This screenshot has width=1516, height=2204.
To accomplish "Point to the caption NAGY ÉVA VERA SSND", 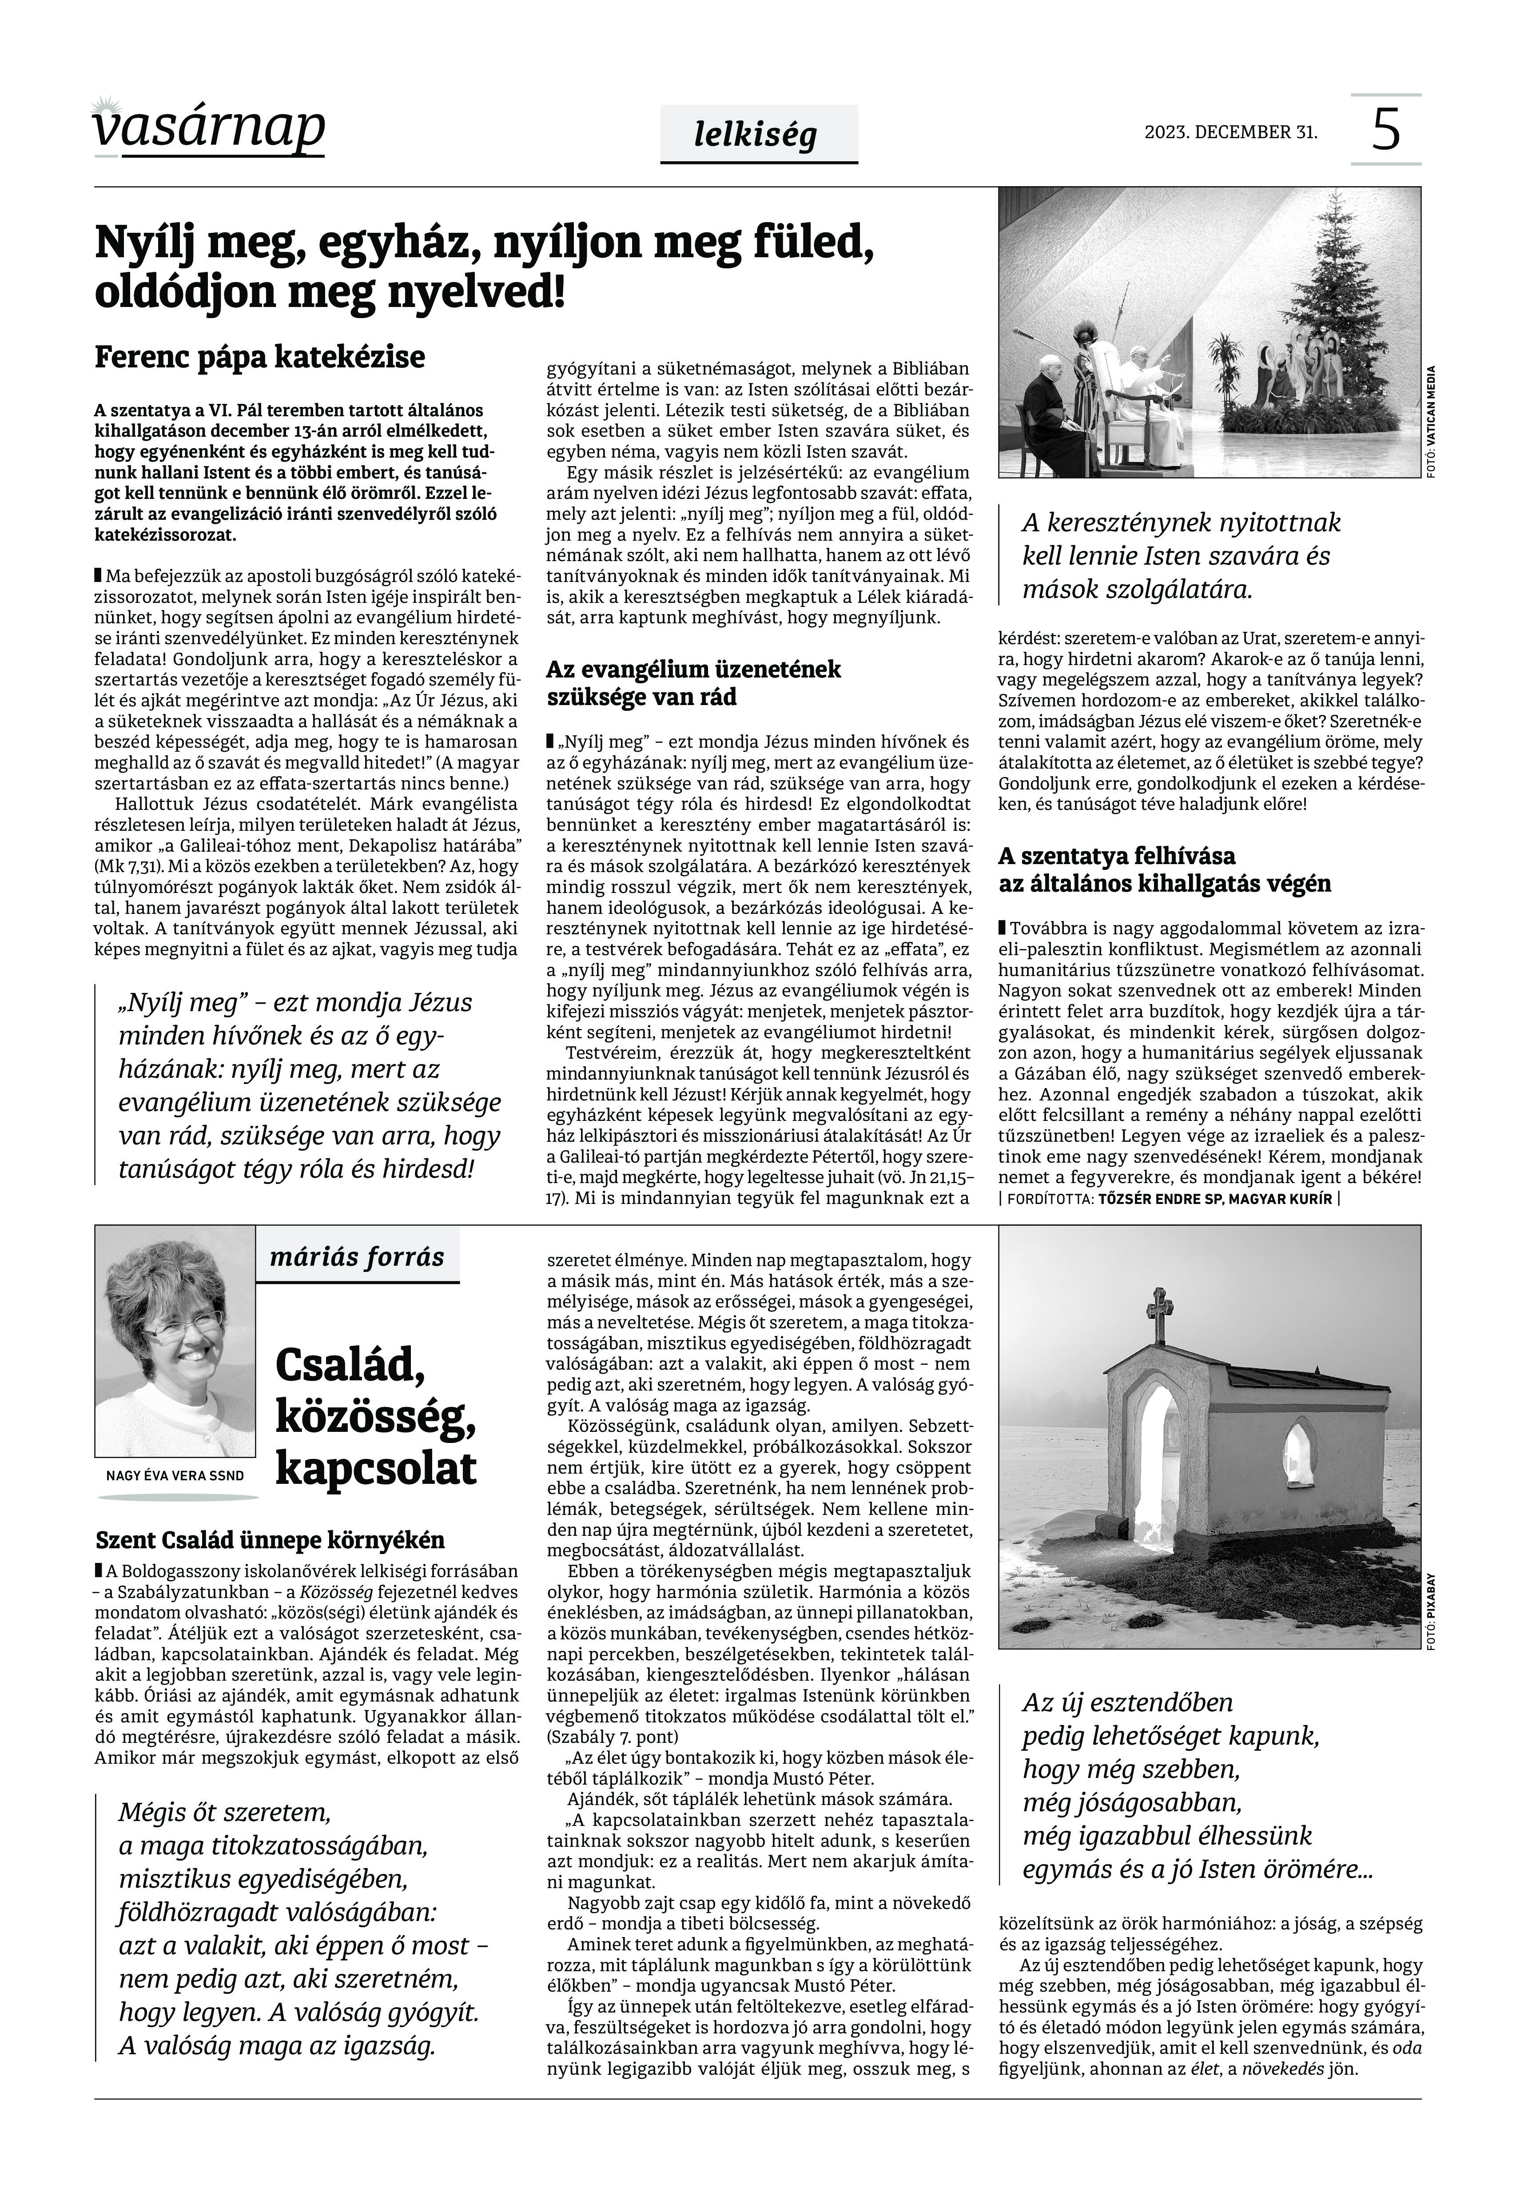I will point(176,1475).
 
